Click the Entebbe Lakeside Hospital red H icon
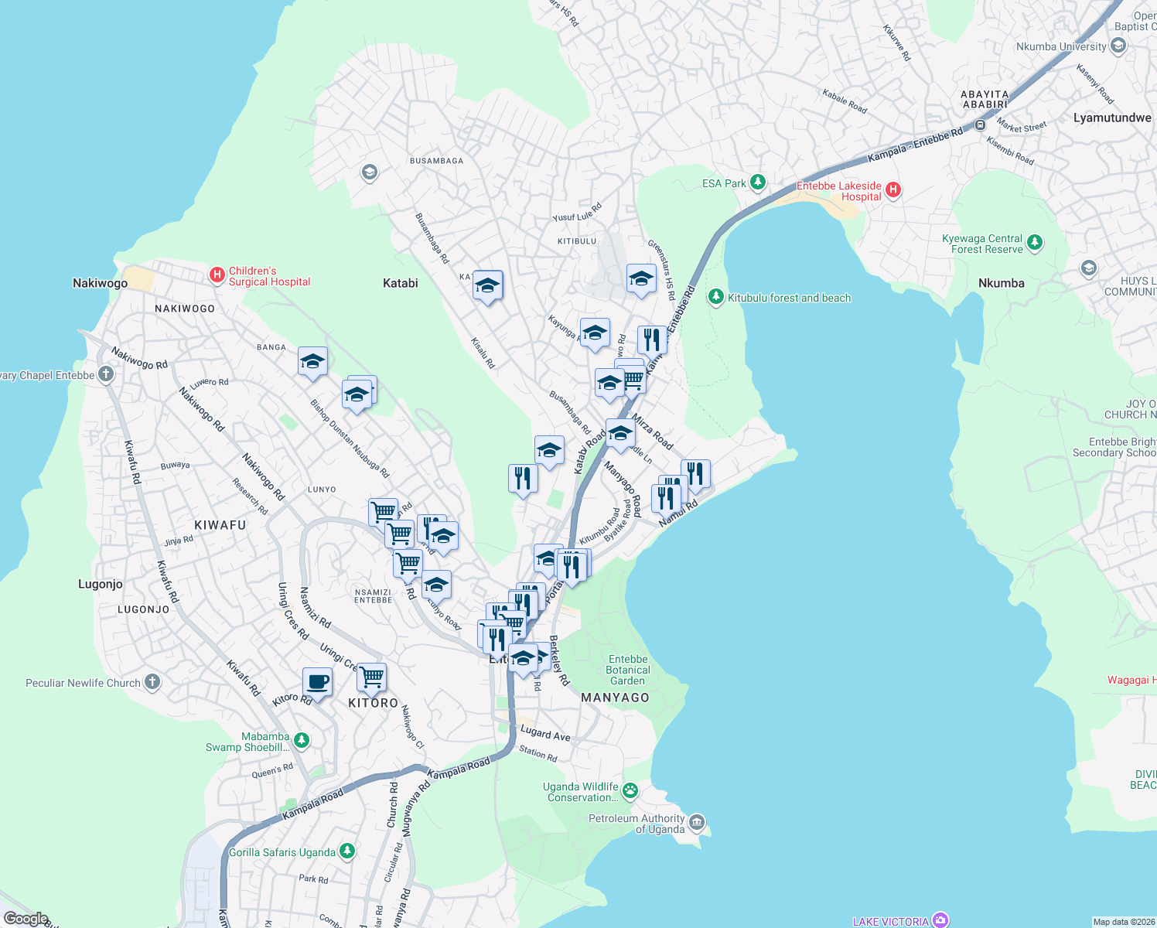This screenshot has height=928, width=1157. [x=892, y=190]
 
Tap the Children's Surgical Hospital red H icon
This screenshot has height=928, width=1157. [x=217, y=275]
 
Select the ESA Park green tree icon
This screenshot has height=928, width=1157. [x=758, y=183]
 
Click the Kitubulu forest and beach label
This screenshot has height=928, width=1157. [x=789, y=298]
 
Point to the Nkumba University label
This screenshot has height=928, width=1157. [x=1060, y=46]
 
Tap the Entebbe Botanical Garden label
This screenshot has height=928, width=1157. [x=628, y=670]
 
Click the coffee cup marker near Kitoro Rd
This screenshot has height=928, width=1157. [x=317, y=682]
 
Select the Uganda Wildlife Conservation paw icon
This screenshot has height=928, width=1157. [x=630, y=790]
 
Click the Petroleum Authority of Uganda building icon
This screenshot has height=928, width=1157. [x=697, y=821]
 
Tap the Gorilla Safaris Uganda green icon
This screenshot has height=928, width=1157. [x=347, y=851]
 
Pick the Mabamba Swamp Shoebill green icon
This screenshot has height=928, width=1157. [x=302, y=741]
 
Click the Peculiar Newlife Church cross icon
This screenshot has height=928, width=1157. [x=152, y=682]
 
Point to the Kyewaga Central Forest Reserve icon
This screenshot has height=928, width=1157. [x=1035, y=243]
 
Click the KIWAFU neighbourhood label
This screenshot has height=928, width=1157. [x=220, y=525]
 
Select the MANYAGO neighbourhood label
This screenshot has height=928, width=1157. [x=615, y=698]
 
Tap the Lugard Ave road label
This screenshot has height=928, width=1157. [x=545, y=733]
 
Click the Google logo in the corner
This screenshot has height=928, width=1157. [x=26, y=918]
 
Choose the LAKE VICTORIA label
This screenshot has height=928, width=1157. [x=890, y=921]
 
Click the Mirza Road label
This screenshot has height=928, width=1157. [x=653, y=432]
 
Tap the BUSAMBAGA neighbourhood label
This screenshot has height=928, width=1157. [x=436, y=161]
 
